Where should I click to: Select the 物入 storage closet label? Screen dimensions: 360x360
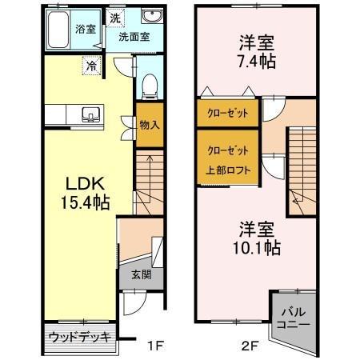coord(150,125)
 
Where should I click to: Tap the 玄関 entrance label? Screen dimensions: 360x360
coord(141,274)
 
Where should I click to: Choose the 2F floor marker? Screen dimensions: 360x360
coord(249,346)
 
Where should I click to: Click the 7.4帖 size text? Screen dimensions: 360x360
coord(258,61)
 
